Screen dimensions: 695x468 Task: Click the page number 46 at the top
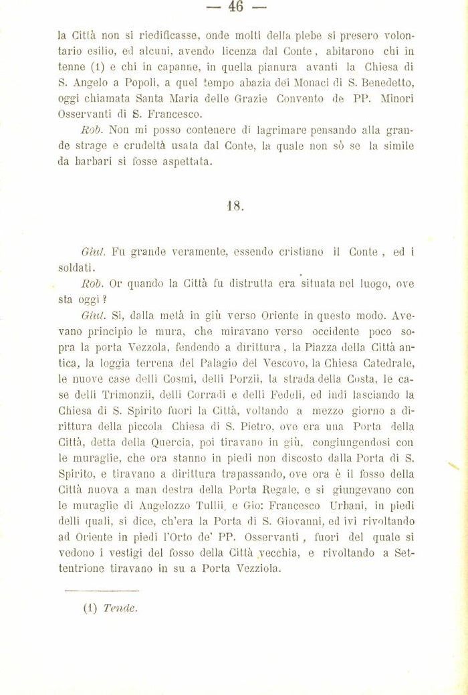236,7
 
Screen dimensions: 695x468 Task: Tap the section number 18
236,206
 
